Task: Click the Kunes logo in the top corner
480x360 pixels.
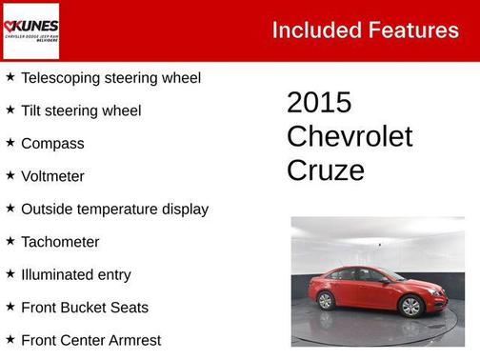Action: [x=30, y=30]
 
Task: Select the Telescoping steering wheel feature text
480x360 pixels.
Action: [x=110, y=77]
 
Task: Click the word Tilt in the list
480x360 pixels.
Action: [x=32, y=110]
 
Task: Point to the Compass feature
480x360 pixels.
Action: [x=52, y=143]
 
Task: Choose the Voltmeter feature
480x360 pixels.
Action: [x=52, y=176]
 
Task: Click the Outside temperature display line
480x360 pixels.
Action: [x=114, y=209]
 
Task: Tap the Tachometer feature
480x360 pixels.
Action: [x=60, y=242]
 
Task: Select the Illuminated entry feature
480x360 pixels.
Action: [x=76, y=274]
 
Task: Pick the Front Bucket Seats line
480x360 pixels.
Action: [x=85, y=308]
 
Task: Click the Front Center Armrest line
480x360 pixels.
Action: [x=90, y=340]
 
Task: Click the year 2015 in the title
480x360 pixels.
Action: [x=319, y=103]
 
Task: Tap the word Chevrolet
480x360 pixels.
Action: [x=350, y=136]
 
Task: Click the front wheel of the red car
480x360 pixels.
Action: [x=410, y=307]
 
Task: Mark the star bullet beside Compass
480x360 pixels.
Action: [x=10, y=143]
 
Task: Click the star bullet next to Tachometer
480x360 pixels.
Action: [x=10, y=241]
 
